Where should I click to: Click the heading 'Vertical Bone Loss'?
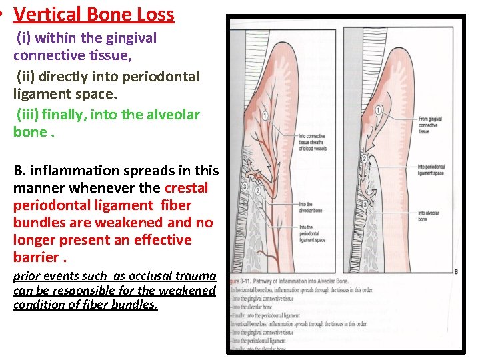(x=93, y=15)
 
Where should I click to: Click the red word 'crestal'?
(x=186, y=188)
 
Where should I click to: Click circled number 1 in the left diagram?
(x=265, y=115)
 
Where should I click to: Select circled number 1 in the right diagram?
(x=379, y=109)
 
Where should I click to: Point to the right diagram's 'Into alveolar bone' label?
(x=428, y=216)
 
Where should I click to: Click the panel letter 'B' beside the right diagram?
(x=455, y=271)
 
